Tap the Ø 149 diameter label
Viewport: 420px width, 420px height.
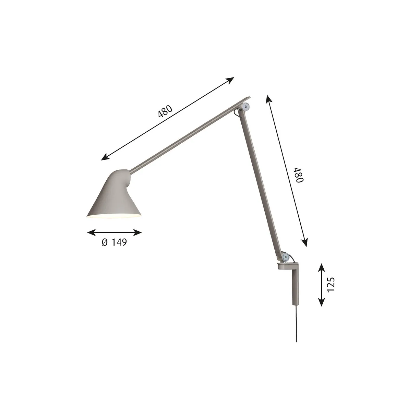[114, 242]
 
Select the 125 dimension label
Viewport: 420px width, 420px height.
[331, 284]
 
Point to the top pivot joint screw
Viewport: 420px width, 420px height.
[246, 106]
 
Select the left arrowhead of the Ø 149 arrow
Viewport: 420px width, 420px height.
[91, 232]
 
